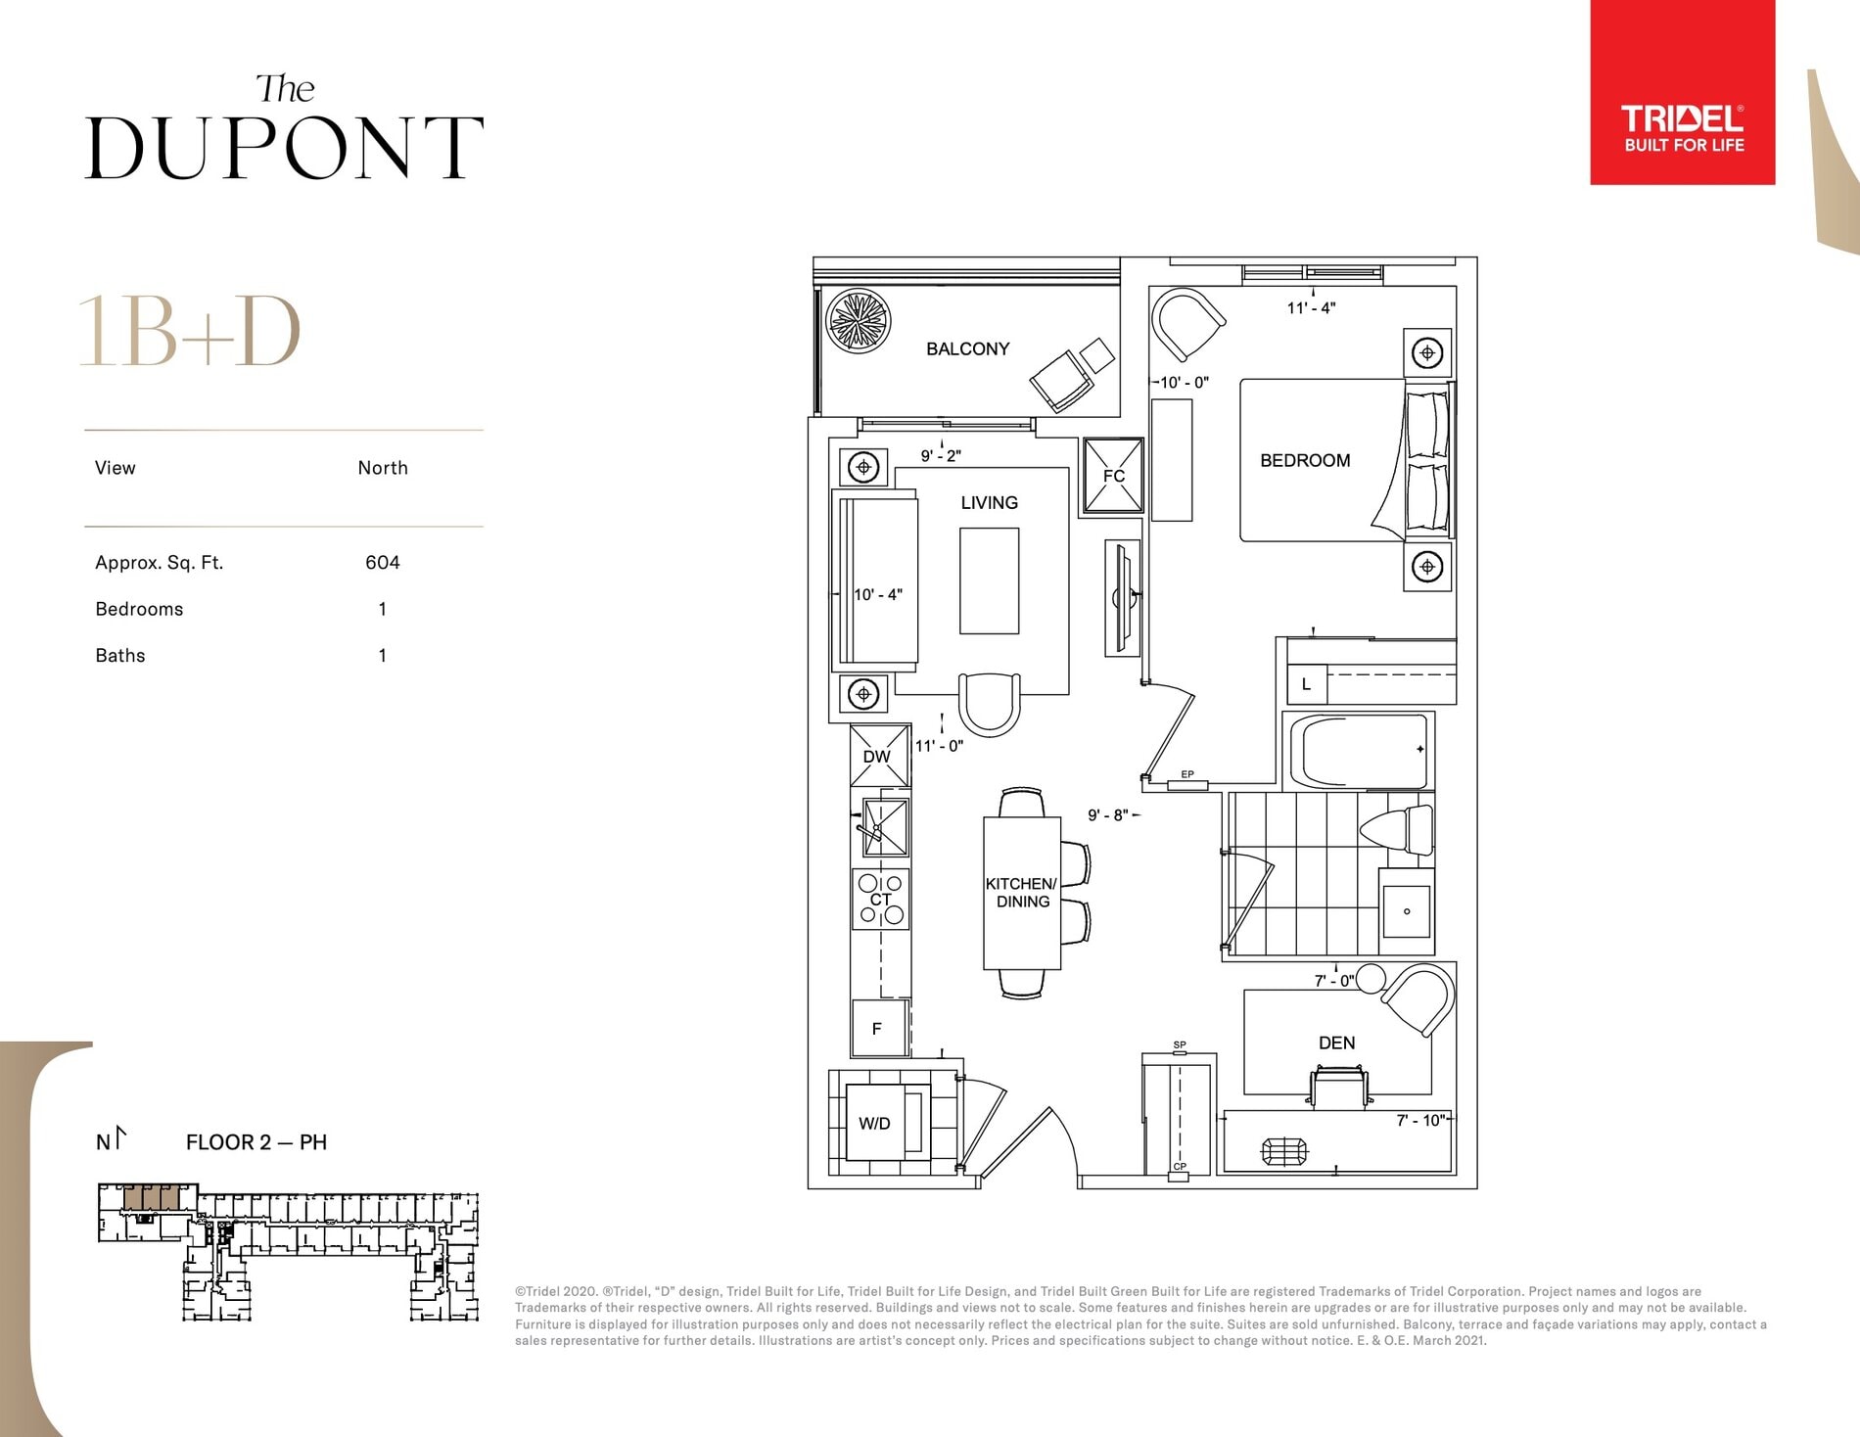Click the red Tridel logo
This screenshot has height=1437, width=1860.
(x=1682, y=92)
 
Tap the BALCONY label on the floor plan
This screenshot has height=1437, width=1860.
(x=967, y=348)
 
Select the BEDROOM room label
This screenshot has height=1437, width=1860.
(x=1305, y=460)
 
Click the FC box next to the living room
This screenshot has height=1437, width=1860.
(x=1113, y=476)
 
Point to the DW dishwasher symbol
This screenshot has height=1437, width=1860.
(x=879, y=756)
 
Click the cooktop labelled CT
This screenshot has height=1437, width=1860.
(x=881, y=899)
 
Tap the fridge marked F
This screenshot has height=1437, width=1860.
(x=878, y=1028)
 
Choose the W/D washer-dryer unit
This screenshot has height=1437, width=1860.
(x=885, y=1123)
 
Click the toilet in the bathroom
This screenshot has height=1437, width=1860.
(x=1398, y=830)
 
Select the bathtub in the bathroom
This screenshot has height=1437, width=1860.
(x=1358, y=751)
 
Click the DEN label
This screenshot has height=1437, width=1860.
(x=1336, y=1043)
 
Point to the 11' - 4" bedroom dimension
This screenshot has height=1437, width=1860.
(x=1311, y=307)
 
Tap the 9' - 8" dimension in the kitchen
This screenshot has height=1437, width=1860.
(x=1108, y=814)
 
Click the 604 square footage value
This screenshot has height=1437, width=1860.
(x=383, y=563)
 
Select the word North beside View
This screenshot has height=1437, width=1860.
(x=383, y=468)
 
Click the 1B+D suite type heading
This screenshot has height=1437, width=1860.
(x=190, y=331)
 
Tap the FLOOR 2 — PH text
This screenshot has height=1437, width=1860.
(x=256, y=1142)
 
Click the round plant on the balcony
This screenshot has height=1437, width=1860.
(x=859, y=321)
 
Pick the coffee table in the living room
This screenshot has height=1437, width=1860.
(x=989, y=581)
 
